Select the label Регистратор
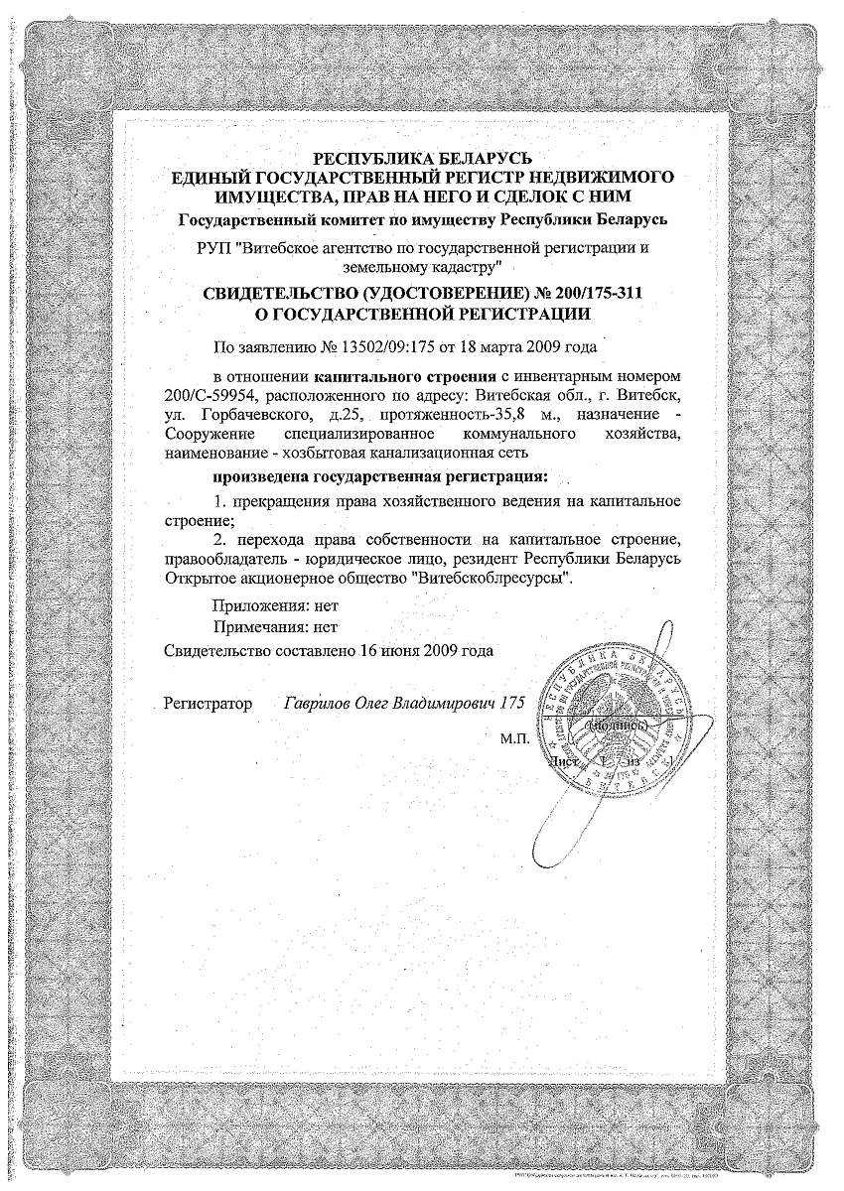[x=209, y=704]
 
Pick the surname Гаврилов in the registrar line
[x=319, y=704]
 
